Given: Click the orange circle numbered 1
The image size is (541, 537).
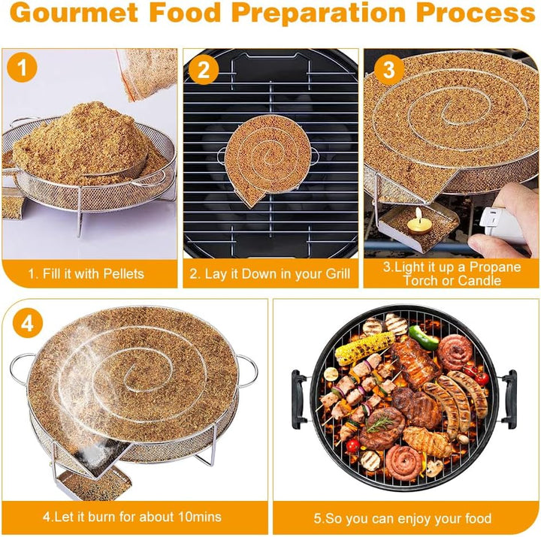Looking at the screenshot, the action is tap(22, 67).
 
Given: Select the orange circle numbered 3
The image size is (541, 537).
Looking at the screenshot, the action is tap(389, 69).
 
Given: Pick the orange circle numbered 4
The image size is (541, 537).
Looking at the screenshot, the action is tap(28, 324).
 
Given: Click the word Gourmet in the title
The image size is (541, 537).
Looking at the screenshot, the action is tap(74, 13).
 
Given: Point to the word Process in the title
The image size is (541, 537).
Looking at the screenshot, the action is tap(475, 13).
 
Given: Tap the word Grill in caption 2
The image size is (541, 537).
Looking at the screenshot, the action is tap(338, 273).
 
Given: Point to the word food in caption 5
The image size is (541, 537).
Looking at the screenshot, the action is tap(478, 518).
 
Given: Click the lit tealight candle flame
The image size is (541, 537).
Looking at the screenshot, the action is tap(419, 215).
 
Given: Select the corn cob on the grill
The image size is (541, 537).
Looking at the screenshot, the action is tap(364, 348).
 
